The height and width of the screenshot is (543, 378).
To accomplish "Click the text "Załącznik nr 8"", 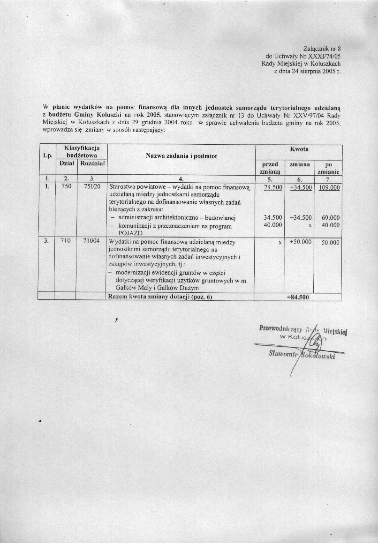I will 321,48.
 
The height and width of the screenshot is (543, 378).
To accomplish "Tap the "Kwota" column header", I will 299,149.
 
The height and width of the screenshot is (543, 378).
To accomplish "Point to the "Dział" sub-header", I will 66,164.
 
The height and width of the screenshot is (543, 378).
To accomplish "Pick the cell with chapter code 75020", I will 92,186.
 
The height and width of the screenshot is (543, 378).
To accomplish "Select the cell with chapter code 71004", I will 92,242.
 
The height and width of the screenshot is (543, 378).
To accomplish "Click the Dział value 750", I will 66,186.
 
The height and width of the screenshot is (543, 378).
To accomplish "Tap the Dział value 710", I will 66,242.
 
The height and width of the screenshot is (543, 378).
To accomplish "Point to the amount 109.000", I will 328,187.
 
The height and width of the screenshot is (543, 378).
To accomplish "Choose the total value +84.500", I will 298,297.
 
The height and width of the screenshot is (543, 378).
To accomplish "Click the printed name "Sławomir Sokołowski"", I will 302,356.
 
